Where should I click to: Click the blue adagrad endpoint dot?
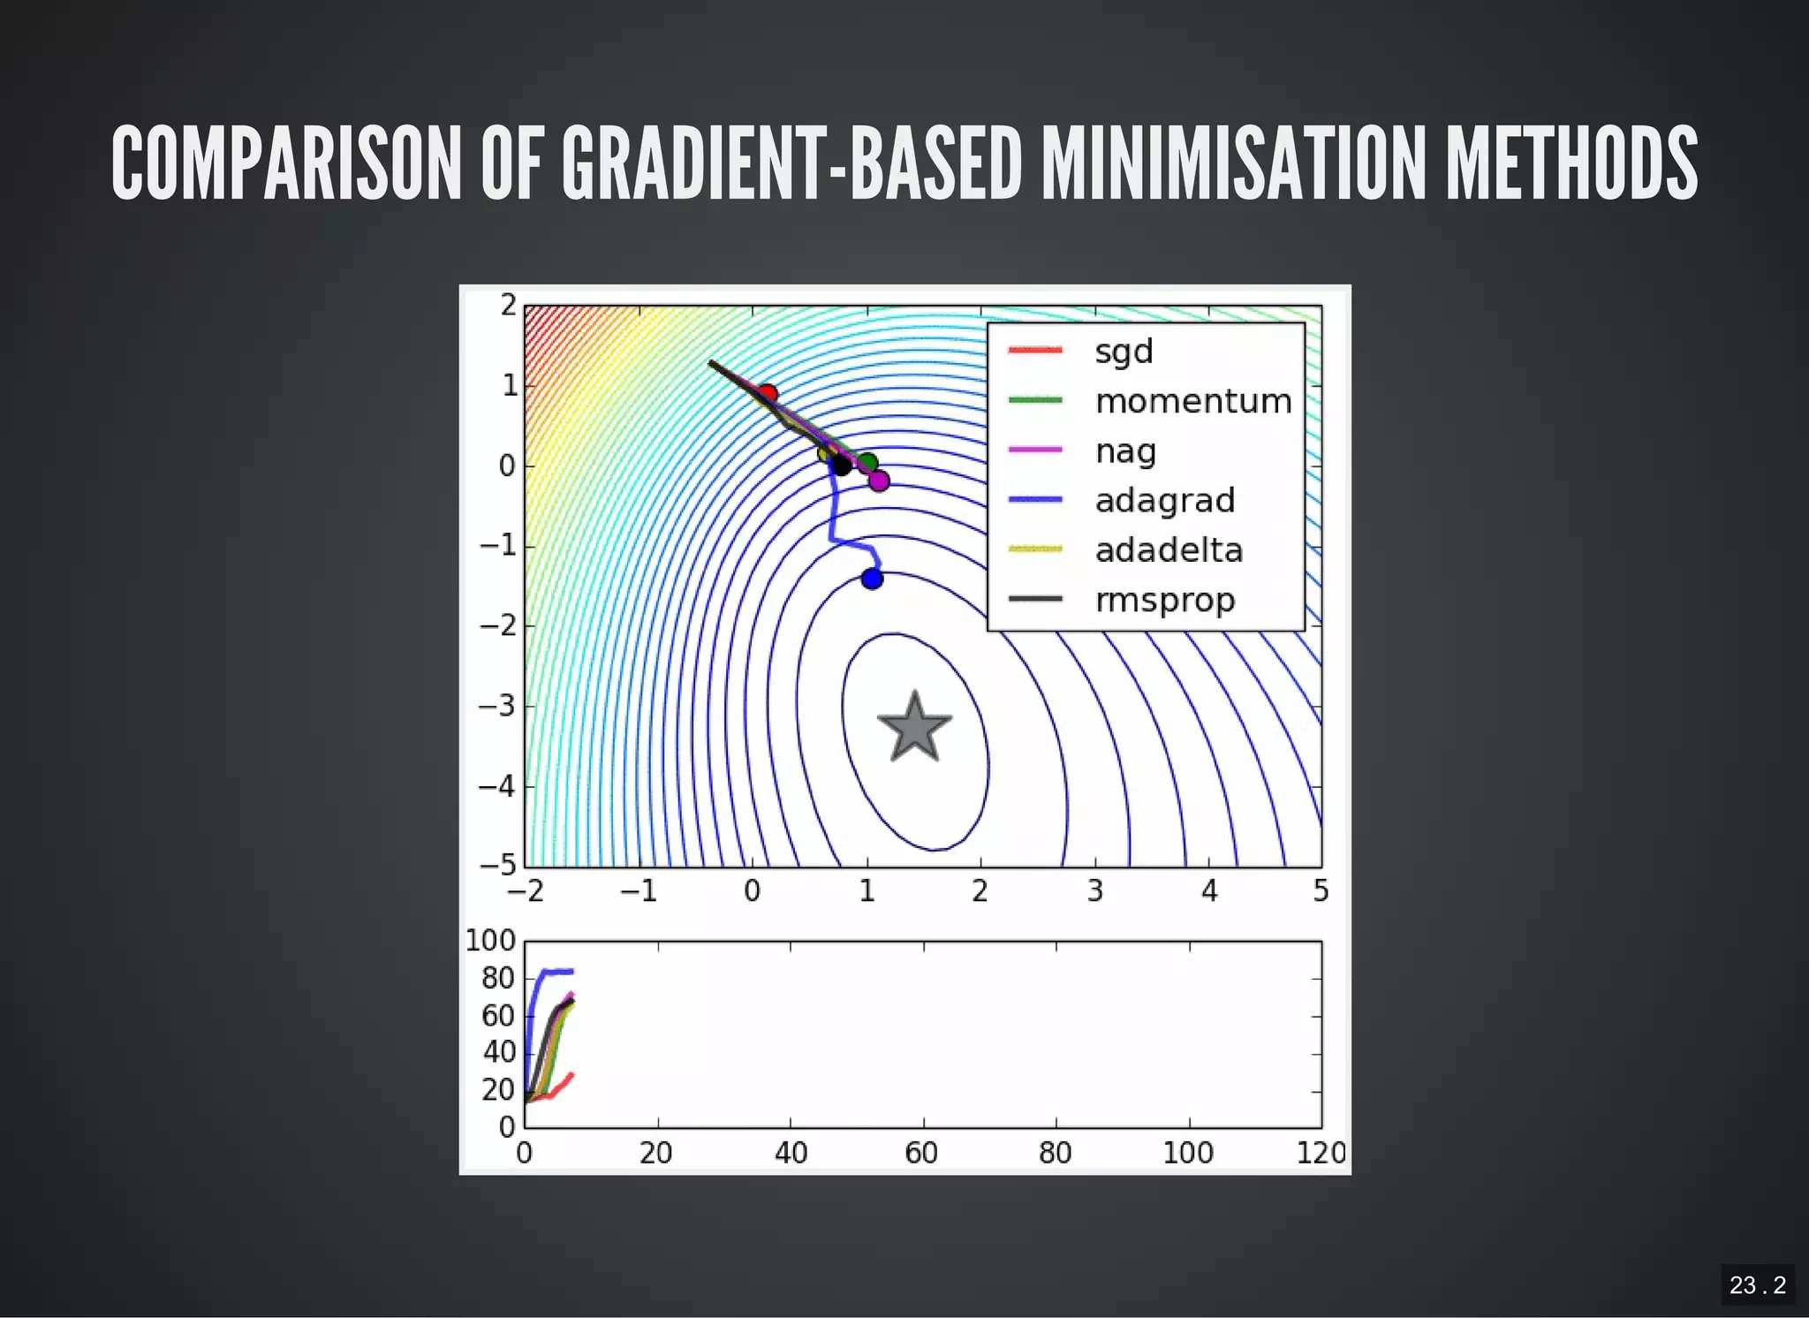tap(872, 579)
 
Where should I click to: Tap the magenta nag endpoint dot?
tap(879, 481)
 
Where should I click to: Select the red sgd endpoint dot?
tap(768, 393)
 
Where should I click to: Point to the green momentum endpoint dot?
tap(868, 463)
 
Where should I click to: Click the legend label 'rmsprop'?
tap(1164, 601)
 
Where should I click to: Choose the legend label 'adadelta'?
tap(1169, 550)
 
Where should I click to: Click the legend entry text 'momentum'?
tap(1193, 401)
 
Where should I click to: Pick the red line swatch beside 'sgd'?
tap(1034, 351)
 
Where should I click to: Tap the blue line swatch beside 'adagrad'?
tap(1034, 500)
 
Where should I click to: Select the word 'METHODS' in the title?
tap(1571, 163)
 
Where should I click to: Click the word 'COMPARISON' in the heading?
tap(287, 163)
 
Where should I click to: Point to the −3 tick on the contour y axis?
tap(496, 706)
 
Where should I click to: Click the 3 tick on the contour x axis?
tap(1094, 891)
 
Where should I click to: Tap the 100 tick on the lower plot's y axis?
tap(490, 941)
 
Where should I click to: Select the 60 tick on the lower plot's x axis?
tap(921, 1153)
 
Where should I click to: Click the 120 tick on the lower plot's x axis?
tap(1321, 1153)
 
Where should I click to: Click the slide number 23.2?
tap(1757, 1284)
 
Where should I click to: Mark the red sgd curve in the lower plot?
tap(559, 1087)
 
